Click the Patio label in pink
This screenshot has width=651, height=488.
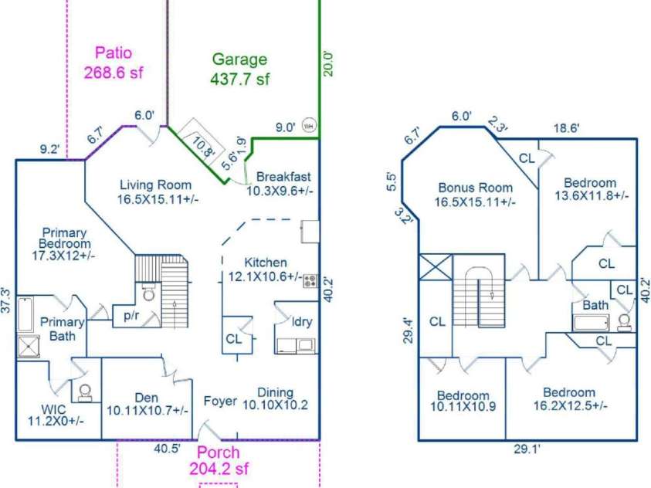pos(114,53)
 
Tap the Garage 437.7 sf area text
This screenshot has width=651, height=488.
pos(239,69)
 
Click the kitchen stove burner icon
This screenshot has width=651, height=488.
pos(310,281)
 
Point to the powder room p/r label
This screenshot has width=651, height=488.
pos(131,316)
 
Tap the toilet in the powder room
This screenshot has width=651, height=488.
pos(147,293)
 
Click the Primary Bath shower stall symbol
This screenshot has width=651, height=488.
pos(29,347)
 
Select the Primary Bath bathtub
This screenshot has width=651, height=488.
pos(25,314)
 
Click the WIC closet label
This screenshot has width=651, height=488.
pos(53,409)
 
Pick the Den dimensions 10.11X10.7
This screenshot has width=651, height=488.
pos(147,411)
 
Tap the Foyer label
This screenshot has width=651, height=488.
pos(220,401)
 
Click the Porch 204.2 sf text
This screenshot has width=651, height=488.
pos(219,460)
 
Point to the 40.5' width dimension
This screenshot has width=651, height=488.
pos(167,448)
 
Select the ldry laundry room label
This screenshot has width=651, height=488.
pos(302,321)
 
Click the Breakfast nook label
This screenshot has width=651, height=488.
pos(283,176)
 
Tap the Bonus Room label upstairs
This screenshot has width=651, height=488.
pos(476,188)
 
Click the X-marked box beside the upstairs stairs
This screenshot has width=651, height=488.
pos(435,267)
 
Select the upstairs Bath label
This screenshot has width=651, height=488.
pos(595,305)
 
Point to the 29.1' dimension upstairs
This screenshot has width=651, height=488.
pos(527,449)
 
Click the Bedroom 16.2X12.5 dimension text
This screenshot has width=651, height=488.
pos(571,405)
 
